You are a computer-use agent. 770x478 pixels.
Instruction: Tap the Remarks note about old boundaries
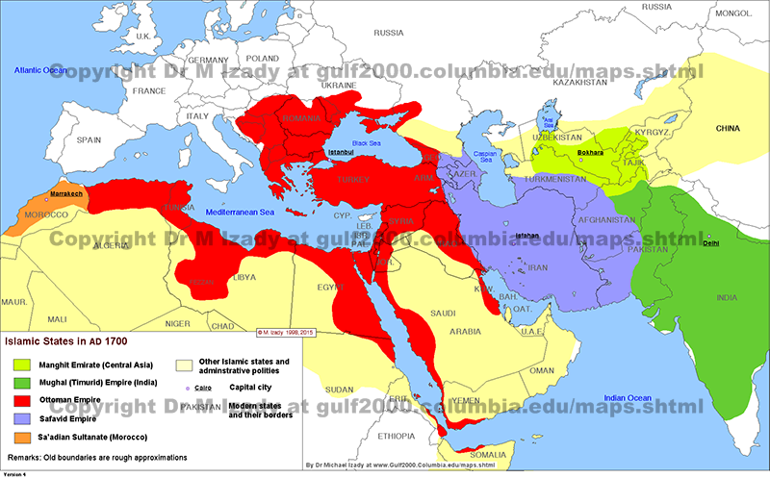point(95,456)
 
